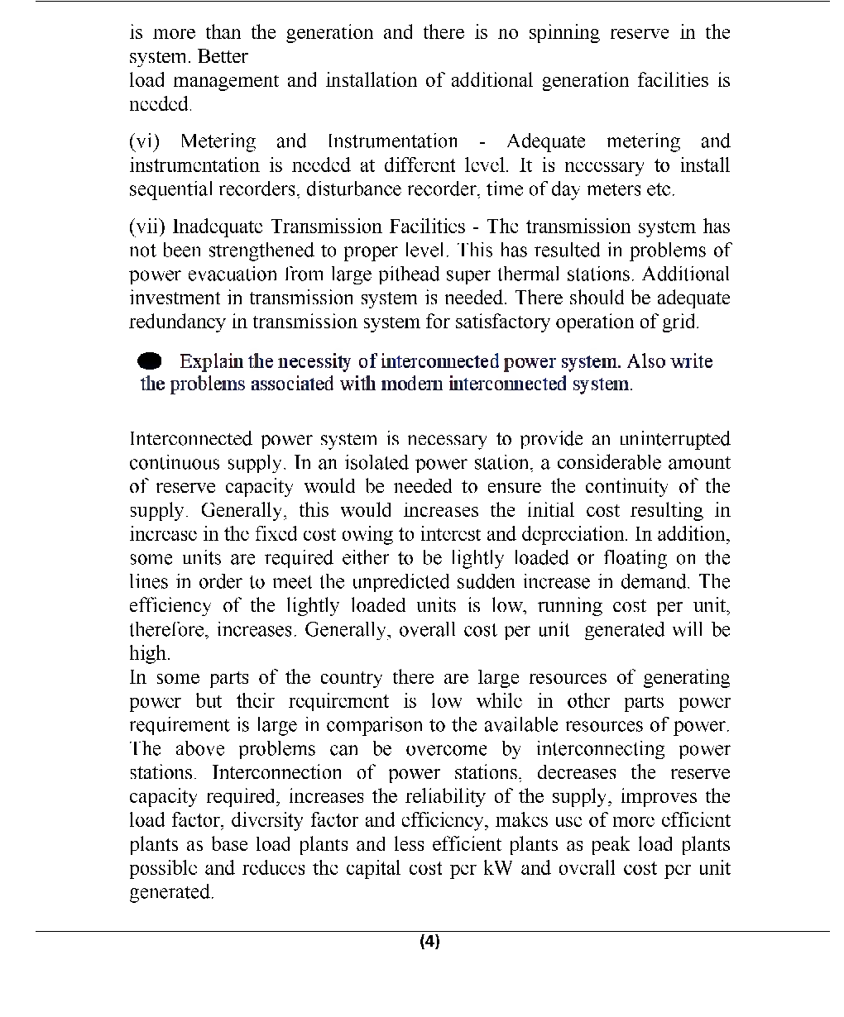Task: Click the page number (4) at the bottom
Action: pyautogui.click(x=429, y=941)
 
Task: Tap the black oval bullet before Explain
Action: pyautogui.click(x=151, y=361)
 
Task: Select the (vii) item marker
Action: pyautogui.click(x=148, y=227)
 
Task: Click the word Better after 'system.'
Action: pyautogui.click(x=223, y=56)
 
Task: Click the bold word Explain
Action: pyautogui.click(x=211, y=361)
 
